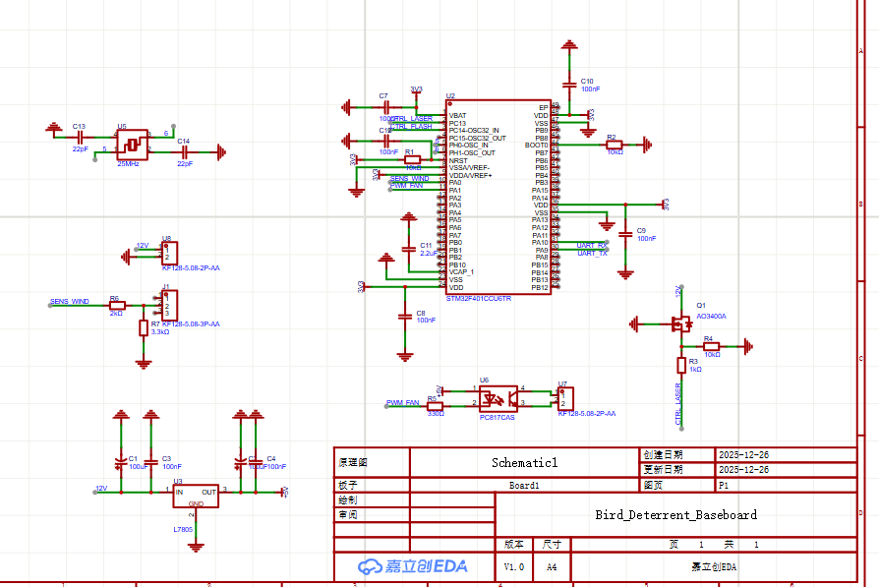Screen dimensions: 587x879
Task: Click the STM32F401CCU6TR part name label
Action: [479, 297]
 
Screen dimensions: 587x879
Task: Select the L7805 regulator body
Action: [196, 497]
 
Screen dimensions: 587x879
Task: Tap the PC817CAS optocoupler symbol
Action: [498, 397]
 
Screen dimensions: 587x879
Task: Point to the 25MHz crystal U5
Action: [132, 146]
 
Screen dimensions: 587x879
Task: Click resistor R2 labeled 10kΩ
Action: [614, 145]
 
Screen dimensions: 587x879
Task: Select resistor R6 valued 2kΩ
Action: [117, 305]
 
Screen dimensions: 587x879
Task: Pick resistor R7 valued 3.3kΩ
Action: [144, 327]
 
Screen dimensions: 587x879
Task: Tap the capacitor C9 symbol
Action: [625, 235]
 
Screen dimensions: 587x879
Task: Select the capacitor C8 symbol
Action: [404, 316]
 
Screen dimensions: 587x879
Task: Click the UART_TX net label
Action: [592, 254]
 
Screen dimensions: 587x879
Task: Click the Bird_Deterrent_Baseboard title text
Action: [675, 514]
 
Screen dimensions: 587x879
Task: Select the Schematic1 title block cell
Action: [524, 462]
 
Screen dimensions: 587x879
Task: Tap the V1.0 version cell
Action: [514, 567]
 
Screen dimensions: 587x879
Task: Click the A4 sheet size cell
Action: [551, 567]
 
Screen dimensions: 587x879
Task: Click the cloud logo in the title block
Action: [370, 566]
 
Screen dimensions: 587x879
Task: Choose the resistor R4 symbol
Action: [710, 346]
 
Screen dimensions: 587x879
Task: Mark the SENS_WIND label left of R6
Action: [69, 301]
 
